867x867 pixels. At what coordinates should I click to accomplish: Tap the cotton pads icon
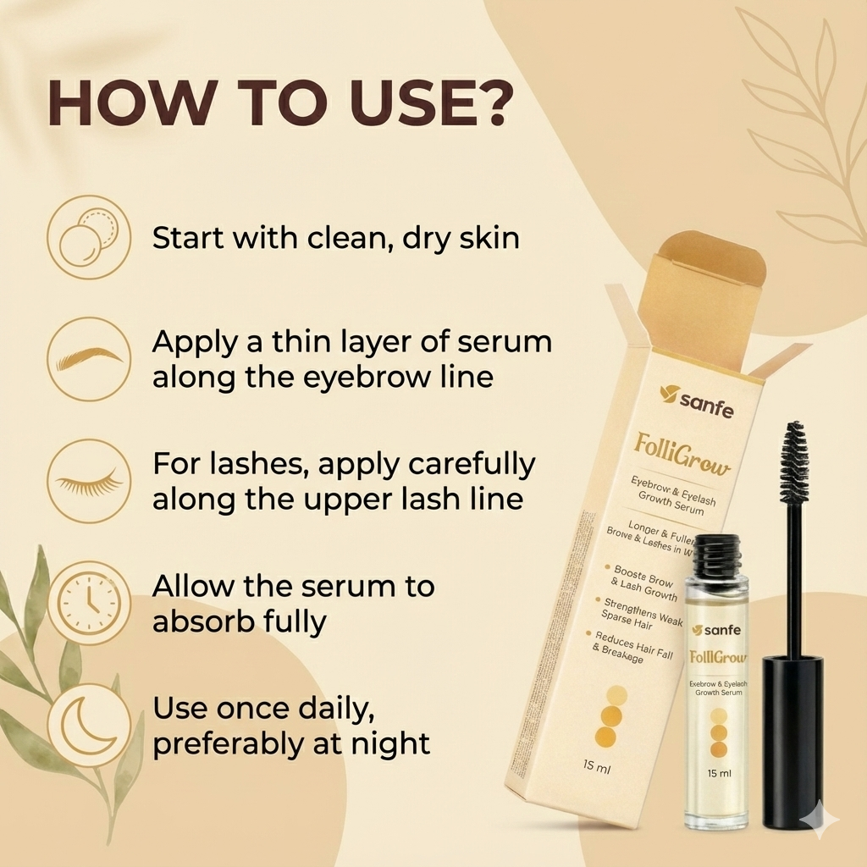tap(88, 237)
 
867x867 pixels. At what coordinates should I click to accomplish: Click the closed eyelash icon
tap(88, 480)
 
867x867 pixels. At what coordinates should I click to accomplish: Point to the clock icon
tap(88, 603)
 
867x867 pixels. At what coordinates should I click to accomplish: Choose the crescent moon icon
tap(88, 725)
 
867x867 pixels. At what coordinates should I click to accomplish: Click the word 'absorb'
tap(202, 621)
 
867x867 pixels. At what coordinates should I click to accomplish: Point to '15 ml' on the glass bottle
tap(719, 772)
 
